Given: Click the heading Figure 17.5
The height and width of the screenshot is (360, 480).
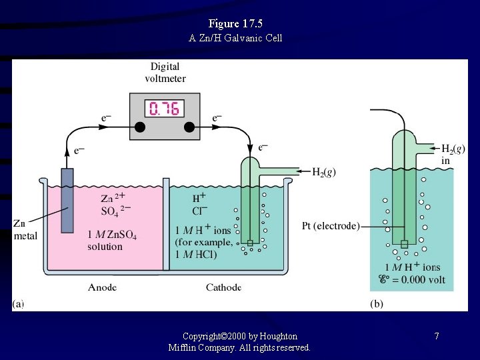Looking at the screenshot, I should pos(240,24).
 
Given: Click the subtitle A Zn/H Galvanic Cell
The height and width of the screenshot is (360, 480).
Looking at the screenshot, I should pos(236,38).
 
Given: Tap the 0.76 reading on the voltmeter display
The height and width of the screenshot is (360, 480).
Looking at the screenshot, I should pos(164,109).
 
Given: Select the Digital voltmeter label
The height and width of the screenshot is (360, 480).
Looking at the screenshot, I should pos(165,72).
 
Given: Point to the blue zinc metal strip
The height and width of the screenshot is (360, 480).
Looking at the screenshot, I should pos(67,199).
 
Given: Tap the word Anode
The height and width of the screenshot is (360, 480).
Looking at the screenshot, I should pos(102,287).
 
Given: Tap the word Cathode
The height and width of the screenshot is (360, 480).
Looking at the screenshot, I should pos(223,287).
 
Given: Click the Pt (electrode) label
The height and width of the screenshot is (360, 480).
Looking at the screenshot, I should pos(330,226).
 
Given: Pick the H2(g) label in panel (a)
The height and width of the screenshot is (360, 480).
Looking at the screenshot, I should pos(324,172).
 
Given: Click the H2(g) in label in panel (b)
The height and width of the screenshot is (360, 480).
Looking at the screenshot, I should pos(453,154).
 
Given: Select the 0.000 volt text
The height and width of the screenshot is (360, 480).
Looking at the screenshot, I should pos(419,280).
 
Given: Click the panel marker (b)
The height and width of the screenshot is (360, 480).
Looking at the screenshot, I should pos(377,304).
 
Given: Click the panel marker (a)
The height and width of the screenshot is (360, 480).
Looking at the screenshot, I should pos(18,304).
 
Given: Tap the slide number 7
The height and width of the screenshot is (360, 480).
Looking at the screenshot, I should pos(437,336).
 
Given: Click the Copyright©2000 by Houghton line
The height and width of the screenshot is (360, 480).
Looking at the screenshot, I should pos(240,336).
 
